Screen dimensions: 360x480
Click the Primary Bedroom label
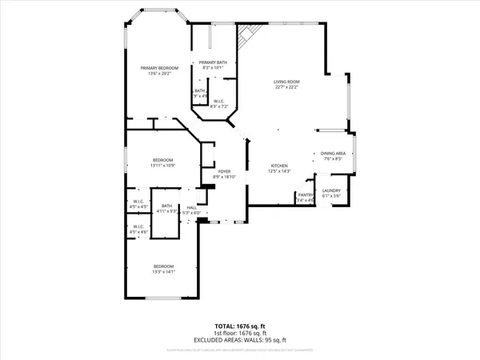click(158, 68)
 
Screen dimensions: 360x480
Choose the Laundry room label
click(331, 190)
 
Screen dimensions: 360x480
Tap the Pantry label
click(305, 194)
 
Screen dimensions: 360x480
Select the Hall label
click(192, 207)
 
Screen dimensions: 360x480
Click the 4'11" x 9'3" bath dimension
click(166, 211)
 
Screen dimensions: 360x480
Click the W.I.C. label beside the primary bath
click(219, 101)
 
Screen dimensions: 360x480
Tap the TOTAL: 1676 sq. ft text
click(240, 326)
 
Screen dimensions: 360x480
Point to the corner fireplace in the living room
click(249, 34)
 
